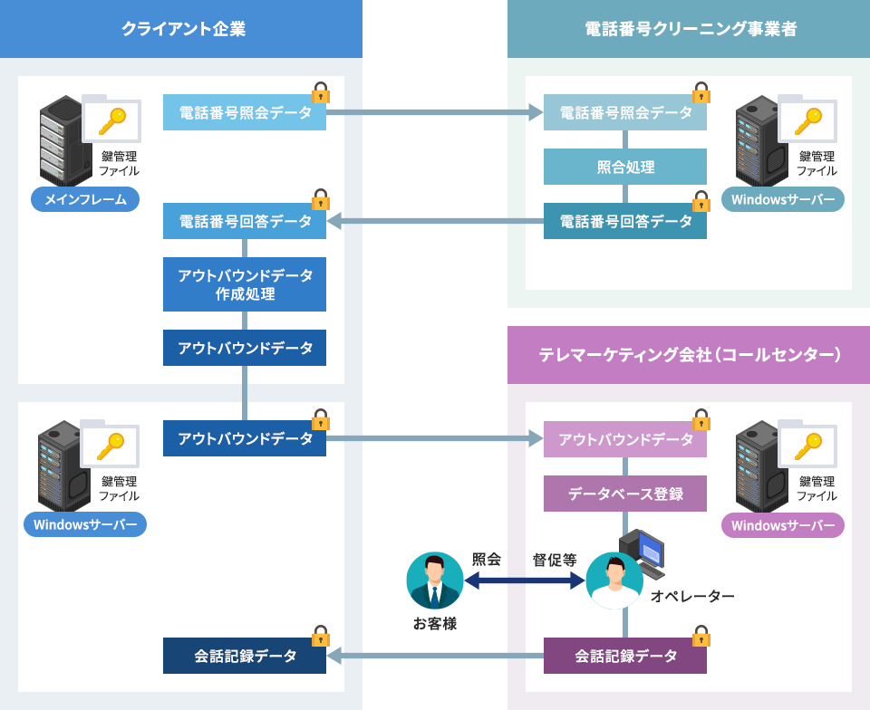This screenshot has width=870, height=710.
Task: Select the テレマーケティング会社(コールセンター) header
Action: click(x=690, y=355)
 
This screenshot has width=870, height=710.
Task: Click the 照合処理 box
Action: click(x=625, y=167)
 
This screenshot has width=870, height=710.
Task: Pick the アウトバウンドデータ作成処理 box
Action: click(x=245, y=284)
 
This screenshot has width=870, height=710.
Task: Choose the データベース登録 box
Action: click(x=625, y=494)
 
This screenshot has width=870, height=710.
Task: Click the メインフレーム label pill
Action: click(x=85, y=199)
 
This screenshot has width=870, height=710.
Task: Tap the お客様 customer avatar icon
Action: click(x=435, y=580)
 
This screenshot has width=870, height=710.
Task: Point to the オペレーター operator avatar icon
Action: click(x=614, y=580)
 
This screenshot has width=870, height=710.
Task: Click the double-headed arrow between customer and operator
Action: click(x=525, y=580)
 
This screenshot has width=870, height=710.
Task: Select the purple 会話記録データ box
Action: click(x=625, y=656)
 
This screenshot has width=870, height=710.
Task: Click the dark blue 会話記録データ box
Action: click(x=245, y=656)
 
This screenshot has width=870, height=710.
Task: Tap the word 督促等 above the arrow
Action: click(x=555, y=560)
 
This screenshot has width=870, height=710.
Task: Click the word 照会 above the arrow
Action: click(x=487, y=560)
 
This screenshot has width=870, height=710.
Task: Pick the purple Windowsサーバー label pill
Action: click(x=783, y=525)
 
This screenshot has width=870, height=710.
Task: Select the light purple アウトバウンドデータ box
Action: click(x=625, y=439)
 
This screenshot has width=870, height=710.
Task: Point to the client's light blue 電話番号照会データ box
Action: click(x=245, y=112)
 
